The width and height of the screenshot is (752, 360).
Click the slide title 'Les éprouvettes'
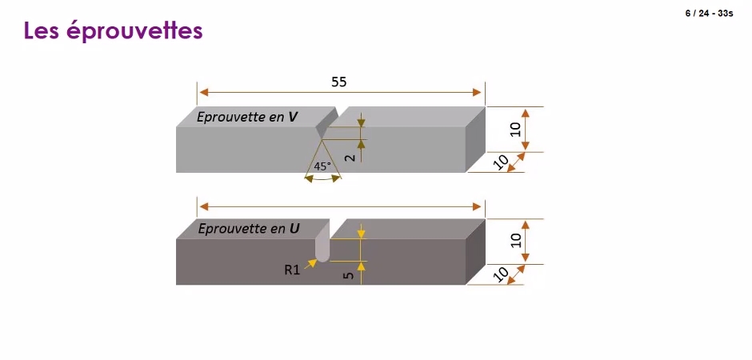(x=113, y=31)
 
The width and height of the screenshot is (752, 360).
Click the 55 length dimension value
(x=339, y=82)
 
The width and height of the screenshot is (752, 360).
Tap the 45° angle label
(x=322, y=166)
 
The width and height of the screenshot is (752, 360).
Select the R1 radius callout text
(x=292, y=270)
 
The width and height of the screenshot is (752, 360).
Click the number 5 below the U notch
(x=350, y=276)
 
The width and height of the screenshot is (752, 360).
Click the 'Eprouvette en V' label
(x=246, y=118)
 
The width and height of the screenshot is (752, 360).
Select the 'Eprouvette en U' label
(x=249, y=229)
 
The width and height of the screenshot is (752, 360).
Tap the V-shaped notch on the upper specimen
(x=327, y=122)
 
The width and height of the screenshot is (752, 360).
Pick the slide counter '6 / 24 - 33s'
(x=709, y=14)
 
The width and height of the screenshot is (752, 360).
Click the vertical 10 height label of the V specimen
(x=516, y=130)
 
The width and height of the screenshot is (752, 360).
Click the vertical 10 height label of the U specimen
(x=516, y=241)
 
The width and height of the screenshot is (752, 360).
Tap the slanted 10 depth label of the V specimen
(x=500, y=163)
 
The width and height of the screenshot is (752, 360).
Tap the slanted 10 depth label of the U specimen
(x=500, y=274)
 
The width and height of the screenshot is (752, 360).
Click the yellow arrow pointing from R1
(x=310, y=263)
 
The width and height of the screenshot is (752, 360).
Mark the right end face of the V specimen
(x=475, y=139)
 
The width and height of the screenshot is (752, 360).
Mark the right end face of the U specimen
(x=475, y=252)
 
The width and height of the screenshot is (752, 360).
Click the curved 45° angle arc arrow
(x=323, y=178)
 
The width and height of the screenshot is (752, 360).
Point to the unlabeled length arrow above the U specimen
(x=340, y=206)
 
